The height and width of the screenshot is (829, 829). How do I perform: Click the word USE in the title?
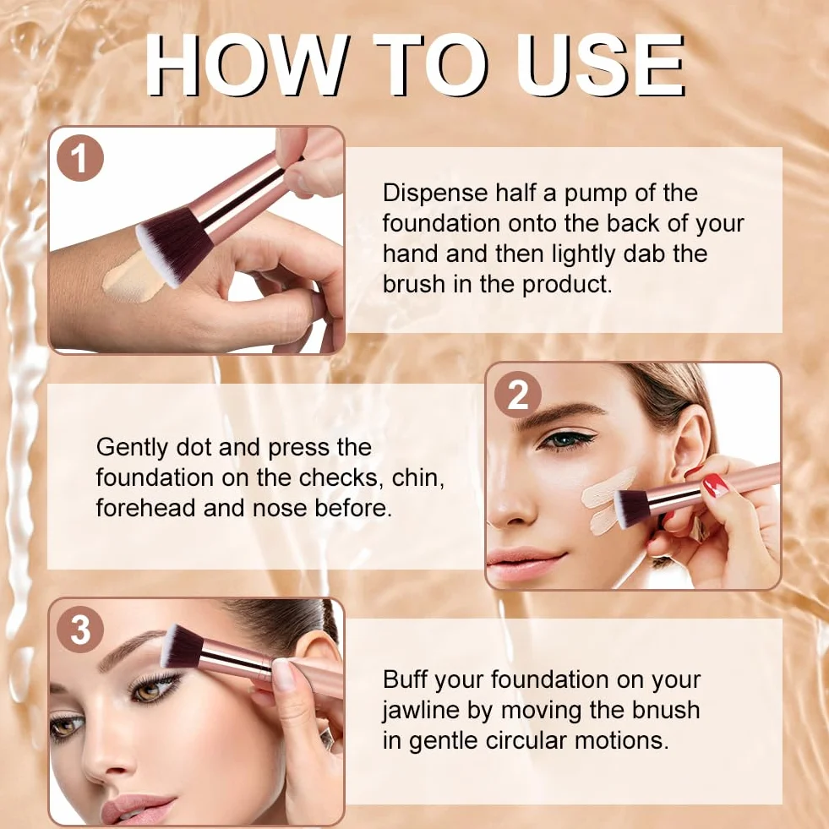[601, 66]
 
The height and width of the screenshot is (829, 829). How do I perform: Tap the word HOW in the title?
[248, 66]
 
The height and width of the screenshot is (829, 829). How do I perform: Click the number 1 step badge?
[79, 158]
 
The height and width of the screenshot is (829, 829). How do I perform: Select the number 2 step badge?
[518, 395]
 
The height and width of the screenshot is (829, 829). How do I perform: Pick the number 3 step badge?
[79, 630]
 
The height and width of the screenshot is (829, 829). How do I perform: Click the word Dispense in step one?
[435, 194]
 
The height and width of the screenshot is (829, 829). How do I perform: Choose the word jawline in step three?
[421, 711]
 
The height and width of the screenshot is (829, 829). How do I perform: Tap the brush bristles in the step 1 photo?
[174, 250]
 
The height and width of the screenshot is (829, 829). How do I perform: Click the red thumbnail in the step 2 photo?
[715, 485]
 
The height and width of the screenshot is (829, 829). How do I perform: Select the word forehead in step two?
[146, 508]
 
